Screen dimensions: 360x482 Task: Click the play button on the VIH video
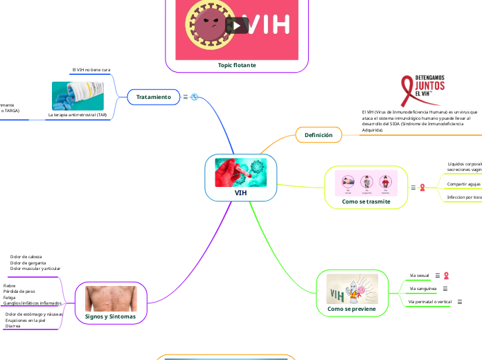tap(239, 26)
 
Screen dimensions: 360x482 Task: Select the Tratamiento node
tap(153, 97)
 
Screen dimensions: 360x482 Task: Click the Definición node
tap(319, 135)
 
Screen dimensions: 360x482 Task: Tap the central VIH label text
tap(240, 193)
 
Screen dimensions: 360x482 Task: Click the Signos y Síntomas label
tap(111, 316)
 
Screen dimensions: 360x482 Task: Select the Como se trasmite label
tap(366, 201)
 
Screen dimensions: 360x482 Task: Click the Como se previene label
tap(352, 309)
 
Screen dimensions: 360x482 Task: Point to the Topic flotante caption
tap(237, 65)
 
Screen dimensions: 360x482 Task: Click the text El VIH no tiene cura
tap(91, 71)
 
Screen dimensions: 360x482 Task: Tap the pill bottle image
tap(78, 96)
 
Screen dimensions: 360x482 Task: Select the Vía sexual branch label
tap(420, 276)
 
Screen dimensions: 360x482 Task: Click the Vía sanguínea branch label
tap(423, 288)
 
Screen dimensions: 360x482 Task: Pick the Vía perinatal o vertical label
tap(430, 302)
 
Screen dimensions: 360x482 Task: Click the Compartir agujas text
tap(463, 184)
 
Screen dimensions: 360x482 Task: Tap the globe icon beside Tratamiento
tap(195, 97)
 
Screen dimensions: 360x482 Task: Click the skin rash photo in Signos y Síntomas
tap(111, 298)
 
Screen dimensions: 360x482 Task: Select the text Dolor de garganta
tap(28, 263)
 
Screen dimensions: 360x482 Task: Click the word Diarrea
tap(13, 326)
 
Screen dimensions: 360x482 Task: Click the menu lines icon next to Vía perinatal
tap(460, 302)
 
